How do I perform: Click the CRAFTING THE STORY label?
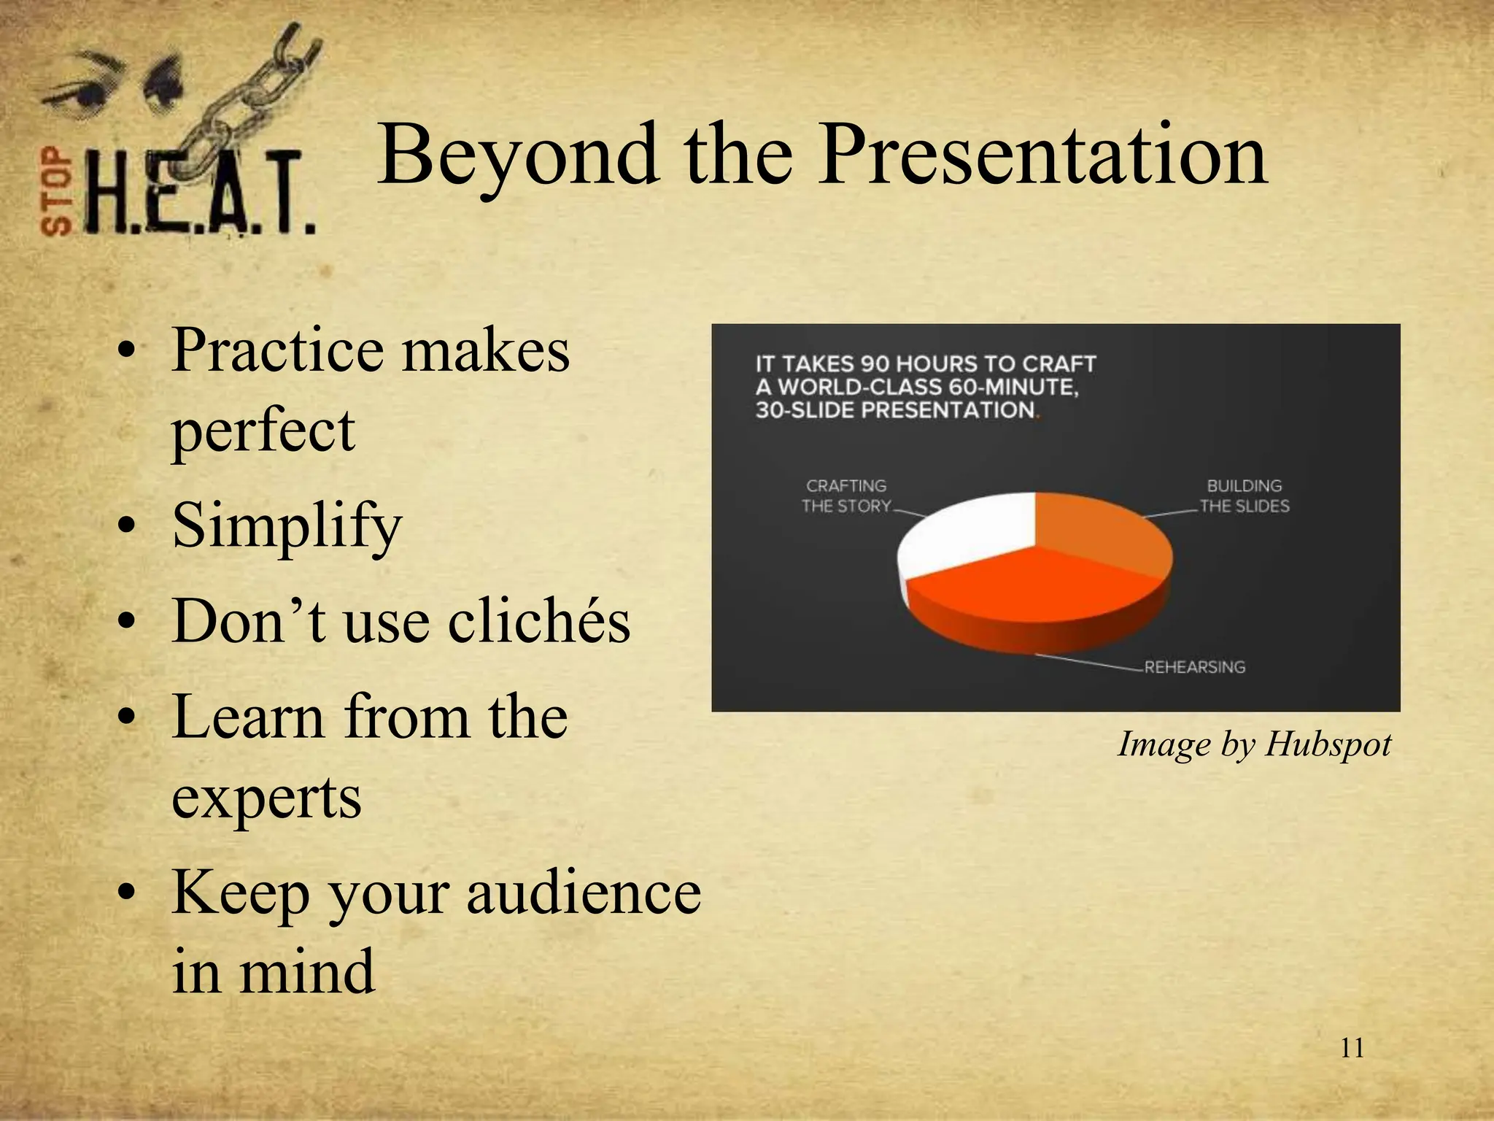click(846, 496)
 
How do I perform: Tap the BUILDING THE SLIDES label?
click(1244, 496)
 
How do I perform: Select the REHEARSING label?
click(1194, 667)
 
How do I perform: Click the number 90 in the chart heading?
click(876, 363)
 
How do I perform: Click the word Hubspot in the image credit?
click(1328, 744)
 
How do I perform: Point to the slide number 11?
click(1352, 1048)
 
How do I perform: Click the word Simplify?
click(287, 527)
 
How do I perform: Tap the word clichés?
click(538, 622)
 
